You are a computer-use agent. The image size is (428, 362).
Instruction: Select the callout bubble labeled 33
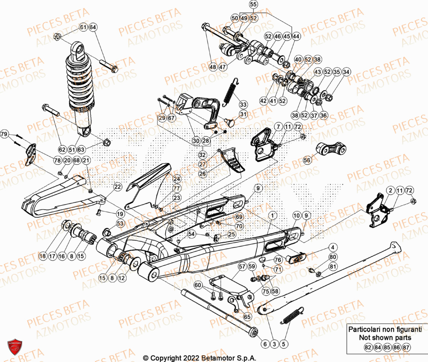coord(243,104)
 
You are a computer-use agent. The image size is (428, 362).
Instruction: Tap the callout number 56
coord(307,160)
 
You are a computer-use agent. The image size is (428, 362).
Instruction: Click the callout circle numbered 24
coord(177,179)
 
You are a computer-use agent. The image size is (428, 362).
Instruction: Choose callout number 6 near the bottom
coord(264,344)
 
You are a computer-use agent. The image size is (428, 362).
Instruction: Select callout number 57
coord(242,267)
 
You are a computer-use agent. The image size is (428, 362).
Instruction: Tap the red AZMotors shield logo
coord(15,347)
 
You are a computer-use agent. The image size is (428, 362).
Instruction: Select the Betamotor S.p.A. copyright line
coord(201,358)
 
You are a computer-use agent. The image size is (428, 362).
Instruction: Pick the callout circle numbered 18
coord(42,256)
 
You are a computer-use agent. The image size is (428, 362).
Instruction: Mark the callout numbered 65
coord(247,317)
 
